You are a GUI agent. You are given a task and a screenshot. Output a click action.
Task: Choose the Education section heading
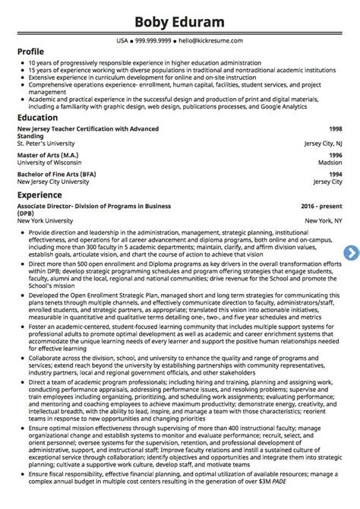[37, 118]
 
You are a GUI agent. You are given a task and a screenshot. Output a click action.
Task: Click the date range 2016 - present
[319, 206]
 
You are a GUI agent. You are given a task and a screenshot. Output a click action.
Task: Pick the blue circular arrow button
[352, 252]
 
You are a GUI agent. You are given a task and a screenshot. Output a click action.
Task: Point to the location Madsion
[328, 163]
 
